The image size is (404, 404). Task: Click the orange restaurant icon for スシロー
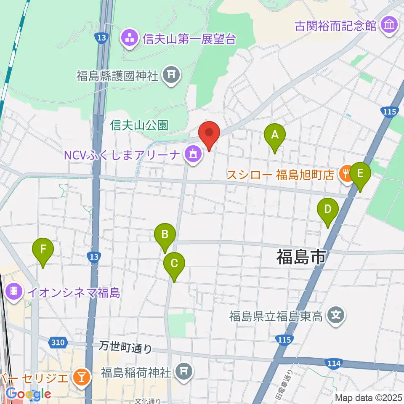click(346, 173)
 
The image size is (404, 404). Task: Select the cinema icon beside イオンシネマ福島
click(14, 292)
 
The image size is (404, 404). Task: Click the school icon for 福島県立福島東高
click(335, 315)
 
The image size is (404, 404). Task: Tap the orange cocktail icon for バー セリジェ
click(81, 375)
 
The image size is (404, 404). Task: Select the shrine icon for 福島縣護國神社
click(171, 76)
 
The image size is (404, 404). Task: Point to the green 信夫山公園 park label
click(139, 125)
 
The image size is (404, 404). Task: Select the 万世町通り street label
click(125, 348)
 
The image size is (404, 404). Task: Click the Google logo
click(29, 394)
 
